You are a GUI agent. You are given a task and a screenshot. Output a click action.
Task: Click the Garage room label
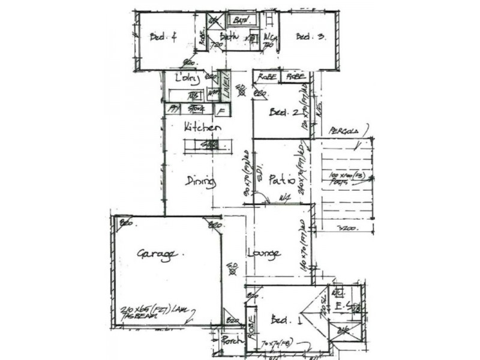(155, 254)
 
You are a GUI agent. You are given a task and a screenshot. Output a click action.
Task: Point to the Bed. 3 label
(310, 37)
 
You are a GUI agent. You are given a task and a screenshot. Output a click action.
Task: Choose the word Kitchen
(202, 128)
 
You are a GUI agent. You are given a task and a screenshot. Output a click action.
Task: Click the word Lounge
(264, 254)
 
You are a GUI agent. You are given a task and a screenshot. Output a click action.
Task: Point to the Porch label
(232, 340)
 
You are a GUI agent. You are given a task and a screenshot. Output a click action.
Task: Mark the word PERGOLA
(343, 131)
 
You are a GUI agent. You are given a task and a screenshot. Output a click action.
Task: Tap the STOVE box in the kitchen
(196, 109)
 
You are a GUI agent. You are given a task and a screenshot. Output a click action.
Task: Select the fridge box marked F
(223, 110)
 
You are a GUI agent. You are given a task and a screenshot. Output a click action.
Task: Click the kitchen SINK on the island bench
(209, 145)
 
